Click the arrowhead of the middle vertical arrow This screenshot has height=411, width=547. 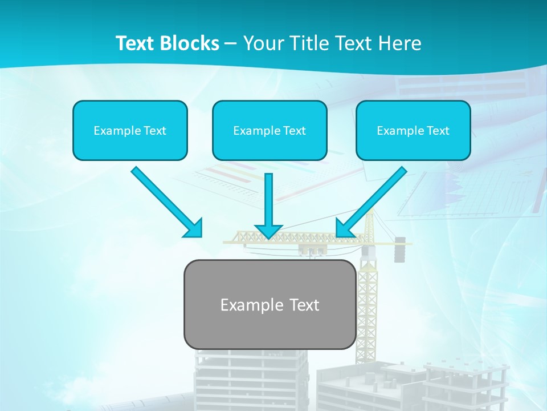click(268, 231)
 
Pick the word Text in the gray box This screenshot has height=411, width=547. click(304, 305)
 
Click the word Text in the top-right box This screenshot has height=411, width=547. click(438, 131)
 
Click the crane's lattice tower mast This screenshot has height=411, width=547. click(368, 308)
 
